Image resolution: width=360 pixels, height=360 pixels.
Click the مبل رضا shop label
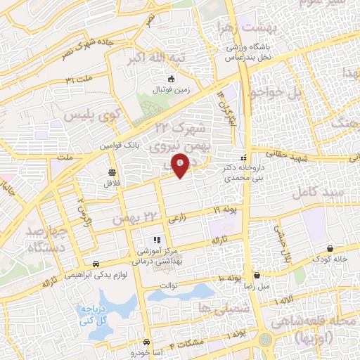point(257,288)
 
